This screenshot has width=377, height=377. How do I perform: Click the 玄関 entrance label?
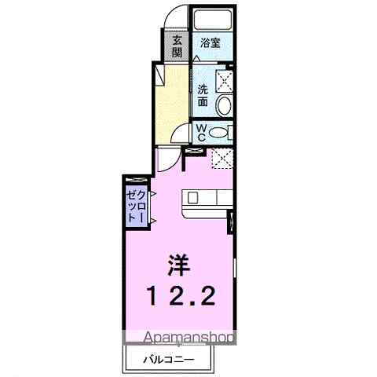[178, 46]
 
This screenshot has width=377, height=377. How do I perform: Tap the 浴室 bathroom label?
[209, 43]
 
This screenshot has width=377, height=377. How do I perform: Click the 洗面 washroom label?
[203, 95]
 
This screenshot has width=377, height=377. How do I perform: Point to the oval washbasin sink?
[224, 106]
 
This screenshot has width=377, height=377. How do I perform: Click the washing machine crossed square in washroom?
[225, 80]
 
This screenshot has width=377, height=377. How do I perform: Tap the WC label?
[200, 132]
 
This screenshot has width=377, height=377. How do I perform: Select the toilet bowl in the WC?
[222, 132]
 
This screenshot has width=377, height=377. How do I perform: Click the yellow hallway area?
[173, 106]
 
